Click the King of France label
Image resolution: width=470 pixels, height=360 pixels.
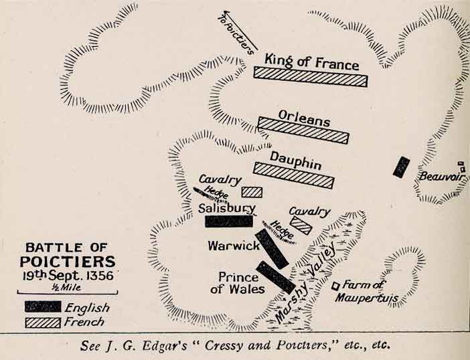click(312, 62)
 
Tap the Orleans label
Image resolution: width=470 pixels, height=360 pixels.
click(304, 121)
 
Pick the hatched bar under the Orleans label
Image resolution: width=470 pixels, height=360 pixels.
click(304, 130)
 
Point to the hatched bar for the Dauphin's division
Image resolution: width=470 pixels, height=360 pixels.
click(293, 174)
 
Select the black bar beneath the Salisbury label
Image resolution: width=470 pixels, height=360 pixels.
click(229, 221)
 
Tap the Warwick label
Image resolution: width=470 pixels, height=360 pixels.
click(233, 246)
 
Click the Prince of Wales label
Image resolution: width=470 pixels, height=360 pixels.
click(238, 282)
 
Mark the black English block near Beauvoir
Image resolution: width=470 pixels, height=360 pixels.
click(401, 167)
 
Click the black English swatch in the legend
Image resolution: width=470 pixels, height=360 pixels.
click(43, 307)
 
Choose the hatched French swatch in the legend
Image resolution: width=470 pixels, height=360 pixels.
click(43, 322)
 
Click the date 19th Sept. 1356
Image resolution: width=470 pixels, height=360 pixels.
click(66, 275)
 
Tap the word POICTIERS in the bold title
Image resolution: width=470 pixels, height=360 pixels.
click(67, 262)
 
